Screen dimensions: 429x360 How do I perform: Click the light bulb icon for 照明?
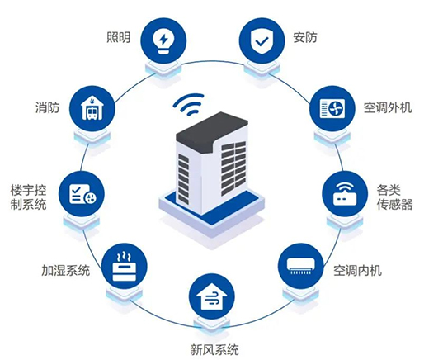click(163, 40)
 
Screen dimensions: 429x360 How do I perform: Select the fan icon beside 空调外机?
click(332, 108)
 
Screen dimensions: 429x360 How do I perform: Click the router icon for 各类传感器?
click(345, 194)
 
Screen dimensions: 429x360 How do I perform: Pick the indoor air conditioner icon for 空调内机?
click(300, 266)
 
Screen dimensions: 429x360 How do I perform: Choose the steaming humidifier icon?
click(125, 266)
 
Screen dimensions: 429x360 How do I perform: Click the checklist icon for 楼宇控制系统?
click(82, 194)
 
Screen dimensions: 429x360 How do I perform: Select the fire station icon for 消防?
click(92, 108)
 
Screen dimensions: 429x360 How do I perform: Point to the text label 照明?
click(119, 37)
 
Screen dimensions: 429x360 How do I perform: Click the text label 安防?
click(305, 37)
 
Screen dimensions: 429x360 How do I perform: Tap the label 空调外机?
click(388, 107)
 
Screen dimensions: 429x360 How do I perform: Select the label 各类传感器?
click(394, 197)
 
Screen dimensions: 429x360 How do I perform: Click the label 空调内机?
click(357, 270)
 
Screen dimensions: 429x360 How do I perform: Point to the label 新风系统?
click(214, 350)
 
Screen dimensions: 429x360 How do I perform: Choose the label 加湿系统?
click(66, 270)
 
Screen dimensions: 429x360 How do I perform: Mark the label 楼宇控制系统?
click(28, 197)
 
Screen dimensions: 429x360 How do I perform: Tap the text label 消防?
click(47, 107)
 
